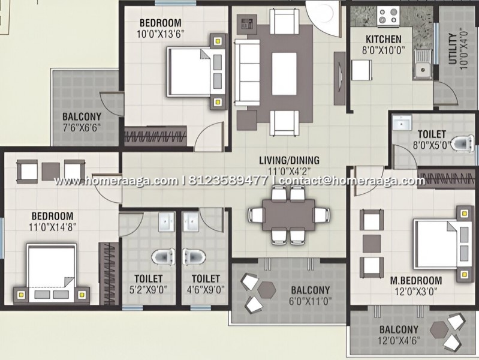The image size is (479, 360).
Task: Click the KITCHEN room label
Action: point(384,39)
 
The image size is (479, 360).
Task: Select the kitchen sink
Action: point(423,64)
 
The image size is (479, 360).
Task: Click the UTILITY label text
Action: point(453,49)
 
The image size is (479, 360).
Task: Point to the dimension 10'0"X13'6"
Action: point(161,34)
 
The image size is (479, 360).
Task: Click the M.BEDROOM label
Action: point(416,280)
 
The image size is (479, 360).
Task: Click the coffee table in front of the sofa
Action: point(284,74)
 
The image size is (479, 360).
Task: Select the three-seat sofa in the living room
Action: point(247,73)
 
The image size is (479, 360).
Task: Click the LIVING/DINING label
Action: point(289,160)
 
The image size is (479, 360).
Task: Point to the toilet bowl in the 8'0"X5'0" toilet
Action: point(463,143)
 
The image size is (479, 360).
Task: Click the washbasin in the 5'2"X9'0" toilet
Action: point(167,221)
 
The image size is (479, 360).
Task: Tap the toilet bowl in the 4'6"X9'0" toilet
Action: point(194,256)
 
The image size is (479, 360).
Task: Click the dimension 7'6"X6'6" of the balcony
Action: point(82,128)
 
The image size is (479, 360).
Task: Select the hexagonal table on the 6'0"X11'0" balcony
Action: point(266,289)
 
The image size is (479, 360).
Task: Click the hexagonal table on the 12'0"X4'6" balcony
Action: point(439,330)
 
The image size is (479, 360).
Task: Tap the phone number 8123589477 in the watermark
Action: point(228,181)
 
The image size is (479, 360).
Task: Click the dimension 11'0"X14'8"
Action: point(52,227)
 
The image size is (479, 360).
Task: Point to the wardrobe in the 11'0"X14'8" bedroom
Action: point(109,274)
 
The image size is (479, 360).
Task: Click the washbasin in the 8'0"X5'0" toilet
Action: point(402,123)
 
